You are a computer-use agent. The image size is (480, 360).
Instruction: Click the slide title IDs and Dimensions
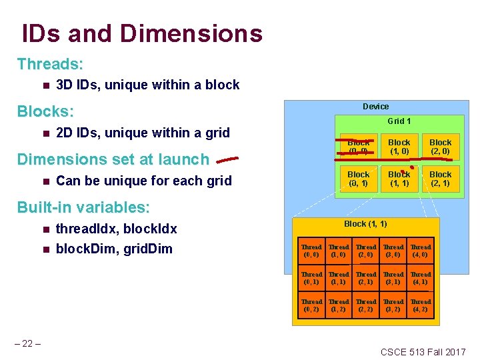[142, 33]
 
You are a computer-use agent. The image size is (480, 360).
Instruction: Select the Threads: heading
[50, 64]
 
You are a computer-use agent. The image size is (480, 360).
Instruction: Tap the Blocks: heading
[45, 111]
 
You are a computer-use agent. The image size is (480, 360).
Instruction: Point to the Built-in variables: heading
[83, 207]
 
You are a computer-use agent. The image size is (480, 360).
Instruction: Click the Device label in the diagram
[376, 107]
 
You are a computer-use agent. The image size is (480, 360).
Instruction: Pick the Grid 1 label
[399, 121]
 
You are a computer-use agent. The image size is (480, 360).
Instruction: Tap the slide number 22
[29, 343]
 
